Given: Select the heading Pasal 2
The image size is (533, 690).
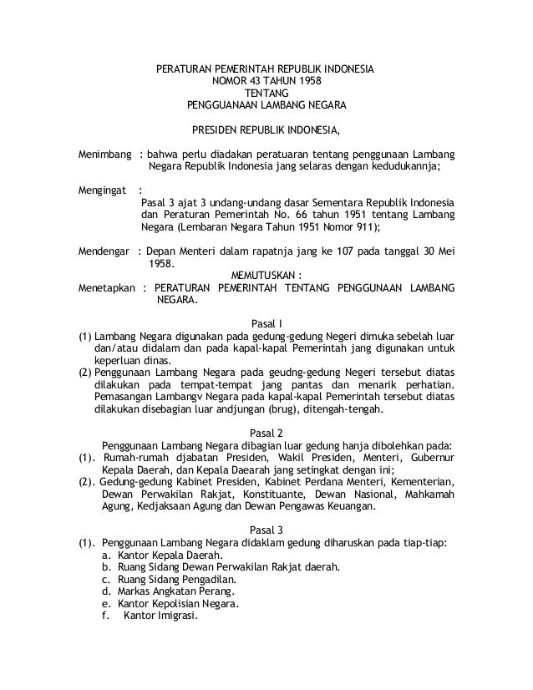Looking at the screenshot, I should click(266, 433).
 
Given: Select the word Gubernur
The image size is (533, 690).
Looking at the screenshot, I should click(430, 458).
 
